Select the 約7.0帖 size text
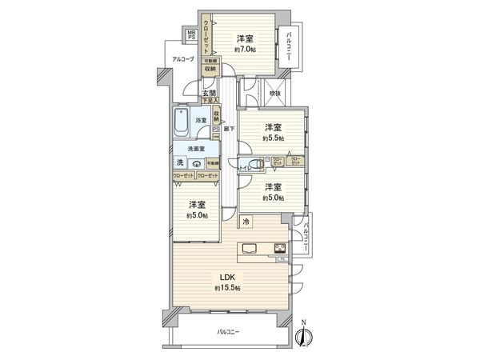pos(246,49)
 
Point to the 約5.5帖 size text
pos(274,138)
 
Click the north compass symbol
pos(304,335)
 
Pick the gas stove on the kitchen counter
pos(281,248)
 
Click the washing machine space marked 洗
pos(179,163)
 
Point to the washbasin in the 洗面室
pos(196,163)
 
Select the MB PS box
pos(192,36)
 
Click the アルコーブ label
pos(175,59)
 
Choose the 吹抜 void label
pos(275,94)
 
